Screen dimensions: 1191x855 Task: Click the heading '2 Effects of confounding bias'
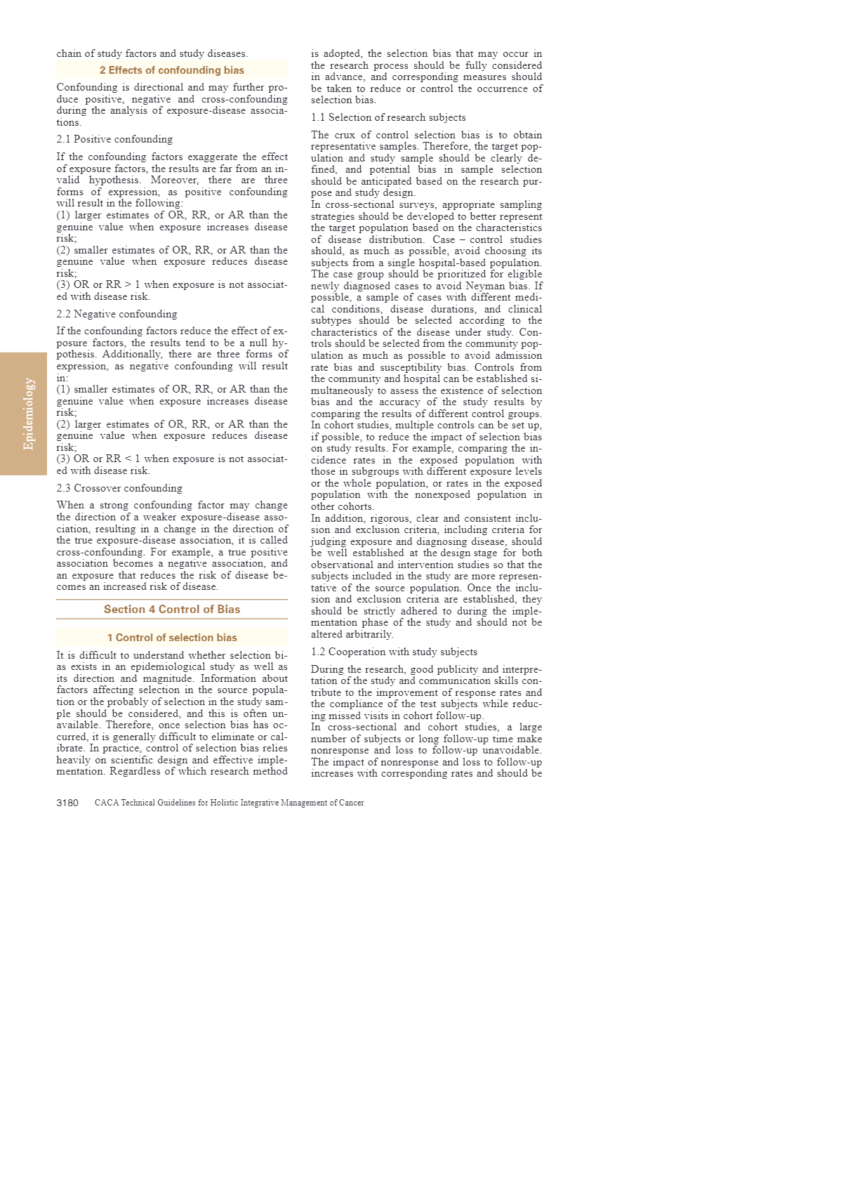[172, 70]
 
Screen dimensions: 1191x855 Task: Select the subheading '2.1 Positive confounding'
[114, 139]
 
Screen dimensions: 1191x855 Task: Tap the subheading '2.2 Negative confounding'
[117, 314]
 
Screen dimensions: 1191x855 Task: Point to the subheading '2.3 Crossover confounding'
[119, 488]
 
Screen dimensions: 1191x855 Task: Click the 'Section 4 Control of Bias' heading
[172, 610]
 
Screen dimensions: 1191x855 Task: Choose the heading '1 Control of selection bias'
[172, 638]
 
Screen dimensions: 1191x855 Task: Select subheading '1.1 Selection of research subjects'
[388, 117]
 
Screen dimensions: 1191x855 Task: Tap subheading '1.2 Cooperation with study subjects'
[394, 652]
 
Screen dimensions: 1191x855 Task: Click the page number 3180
[67, 803]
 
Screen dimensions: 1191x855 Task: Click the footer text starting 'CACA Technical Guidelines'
[229, 803]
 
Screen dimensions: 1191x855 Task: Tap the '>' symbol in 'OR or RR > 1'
[128, 285]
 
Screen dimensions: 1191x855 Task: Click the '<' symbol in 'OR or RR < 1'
[128, 459]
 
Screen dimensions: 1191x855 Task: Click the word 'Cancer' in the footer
[351, 803]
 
